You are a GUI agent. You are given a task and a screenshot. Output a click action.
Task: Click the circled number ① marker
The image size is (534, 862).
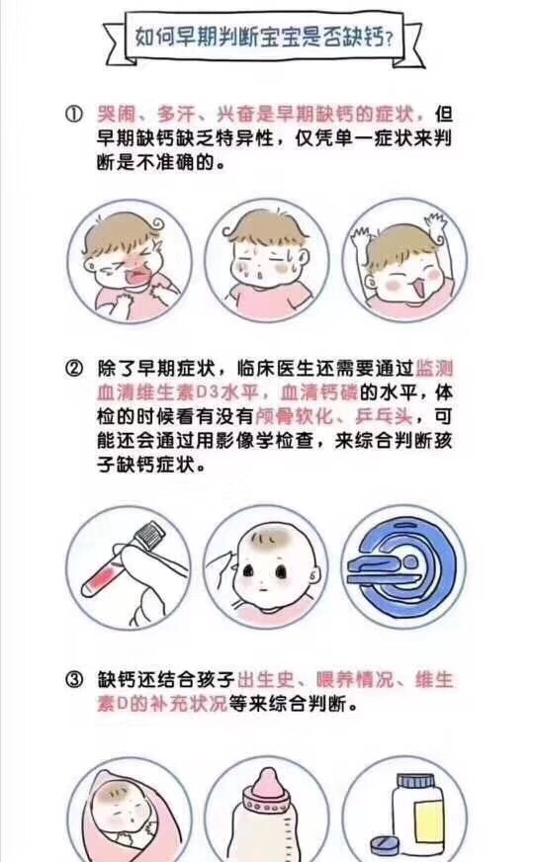pos(74,115)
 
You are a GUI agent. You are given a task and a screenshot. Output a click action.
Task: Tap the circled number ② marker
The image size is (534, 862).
pos(74,369)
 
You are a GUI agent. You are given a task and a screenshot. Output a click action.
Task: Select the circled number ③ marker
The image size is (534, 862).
pos(74,679)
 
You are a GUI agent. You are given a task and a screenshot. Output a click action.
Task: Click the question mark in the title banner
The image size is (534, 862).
pos(390,40)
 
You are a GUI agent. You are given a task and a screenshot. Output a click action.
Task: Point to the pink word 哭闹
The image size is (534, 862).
pos(116,115)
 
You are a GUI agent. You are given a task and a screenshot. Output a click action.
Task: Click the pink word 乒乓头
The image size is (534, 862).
pos(384,416)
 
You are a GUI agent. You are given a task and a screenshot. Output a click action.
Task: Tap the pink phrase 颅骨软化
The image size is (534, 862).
pos(295,416)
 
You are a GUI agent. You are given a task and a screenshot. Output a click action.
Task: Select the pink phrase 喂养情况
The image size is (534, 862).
pos(355,679)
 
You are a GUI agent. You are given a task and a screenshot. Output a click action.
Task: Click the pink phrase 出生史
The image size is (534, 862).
pos(266,679)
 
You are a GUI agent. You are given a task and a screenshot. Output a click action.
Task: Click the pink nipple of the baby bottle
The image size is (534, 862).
pos(266,783)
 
